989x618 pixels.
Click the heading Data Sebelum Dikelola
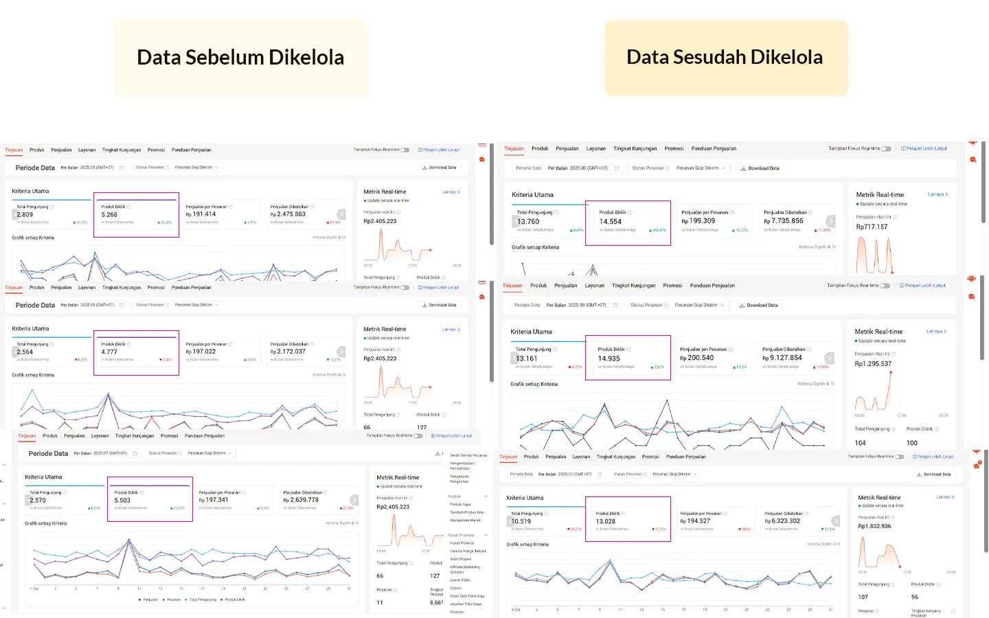240,58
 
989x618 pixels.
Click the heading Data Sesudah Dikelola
725,58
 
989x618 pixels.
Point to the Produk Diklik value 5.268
109,215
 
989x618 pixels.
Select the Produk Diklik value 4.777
109,352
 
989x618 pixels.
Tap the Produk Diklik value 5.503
122,501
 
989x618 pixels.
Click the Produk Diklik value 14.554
610,222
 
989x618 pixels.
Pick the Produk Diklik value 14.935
609,359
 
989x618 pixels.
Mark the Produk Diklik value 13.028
605,522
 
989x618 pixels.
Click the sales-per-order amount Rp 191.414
201,214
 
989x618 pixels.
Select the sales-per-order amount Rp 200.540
697,358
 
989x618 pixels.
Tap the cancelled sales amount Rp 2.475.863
288,214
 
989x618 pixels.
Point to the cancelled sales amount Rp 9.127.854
782,358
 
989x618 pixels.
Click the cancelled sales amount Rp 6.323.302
782,521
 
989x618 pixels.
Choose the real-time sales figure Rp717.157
872,227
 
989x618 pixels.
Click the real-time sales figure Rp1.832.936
874,527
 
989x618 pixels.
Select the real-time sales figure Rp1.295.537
873,364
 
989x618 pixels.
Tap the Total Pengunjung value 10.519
521,522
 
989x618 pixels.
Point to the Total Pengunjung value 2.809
25,215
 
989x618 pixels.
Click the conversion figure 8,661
437,603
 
